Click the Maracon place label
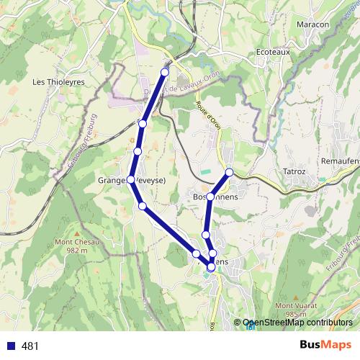(x=312, y=24)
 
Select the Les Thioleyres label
(x=58, y=82)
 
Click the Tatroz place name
(x=294, y=172)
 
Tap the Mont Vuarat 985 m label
(x=296, y=309)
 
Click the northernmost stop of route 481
(x=165, y=72)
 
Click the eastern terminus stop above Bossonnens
(x=230, y=172)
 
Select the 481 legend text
(x=30, y=346)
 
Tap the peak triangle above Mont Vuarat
(x=296, y=296)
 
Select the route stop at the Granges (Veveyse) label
(x=131, y=180)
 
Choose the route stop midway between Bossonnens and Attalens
(x=206, y=235)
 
